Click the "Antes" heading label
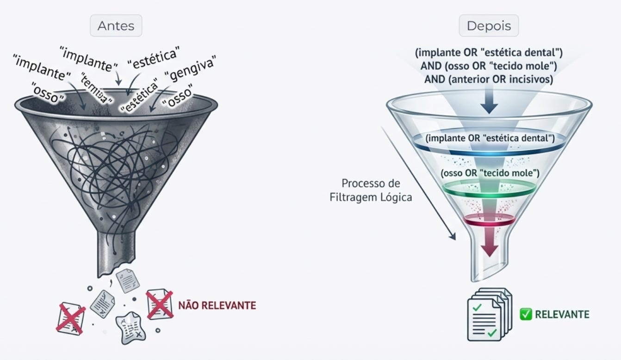116,26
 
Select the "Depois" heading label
489,26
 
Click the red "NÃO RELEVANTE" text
217,305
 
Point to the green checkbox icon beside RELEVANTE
526,315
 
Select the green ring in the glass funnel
489,190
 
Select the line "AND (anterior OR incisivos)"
489,79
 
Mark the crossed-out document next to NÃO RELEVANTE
159,304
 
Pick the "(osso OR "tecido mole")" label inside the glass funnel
489,174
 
